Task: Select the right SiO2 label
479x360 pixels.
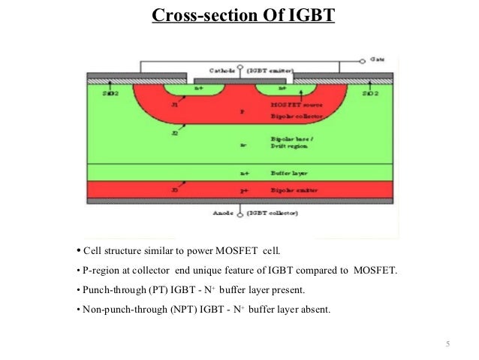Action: [370, 95]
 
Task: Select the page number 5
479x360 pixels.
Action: [447, 344]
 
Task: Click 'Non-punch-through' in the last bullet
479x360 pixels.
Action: [116, 309]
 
